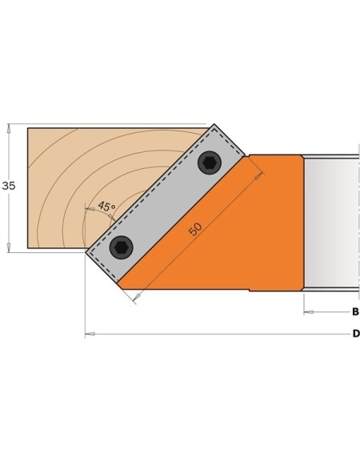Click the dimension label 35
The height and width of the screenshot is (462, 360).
[x=9, y=186]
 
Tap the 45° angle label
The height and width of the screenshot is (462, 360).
[x=106, y=207]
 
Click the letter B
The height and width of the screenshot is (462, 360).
[x=355, y=311]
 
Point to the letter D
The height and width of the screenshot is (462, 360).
[x=355, y=333]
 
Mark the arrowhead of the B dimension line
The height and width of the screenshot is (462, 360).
[x=308, y=311]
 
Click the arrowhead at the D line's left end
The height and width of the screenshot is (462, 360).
[x=90, y=333]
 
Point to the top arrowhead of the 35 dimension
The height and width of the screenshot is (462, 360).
[x=9, y=127]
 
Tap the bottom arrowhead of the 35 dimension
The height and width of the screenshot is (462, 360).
[x=9, y=247]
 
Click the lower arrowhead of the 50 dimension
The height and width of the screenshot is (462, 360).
[x=135, y=298]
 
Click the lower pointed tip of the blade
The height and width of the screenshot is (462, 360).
[x=86, y=252]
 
